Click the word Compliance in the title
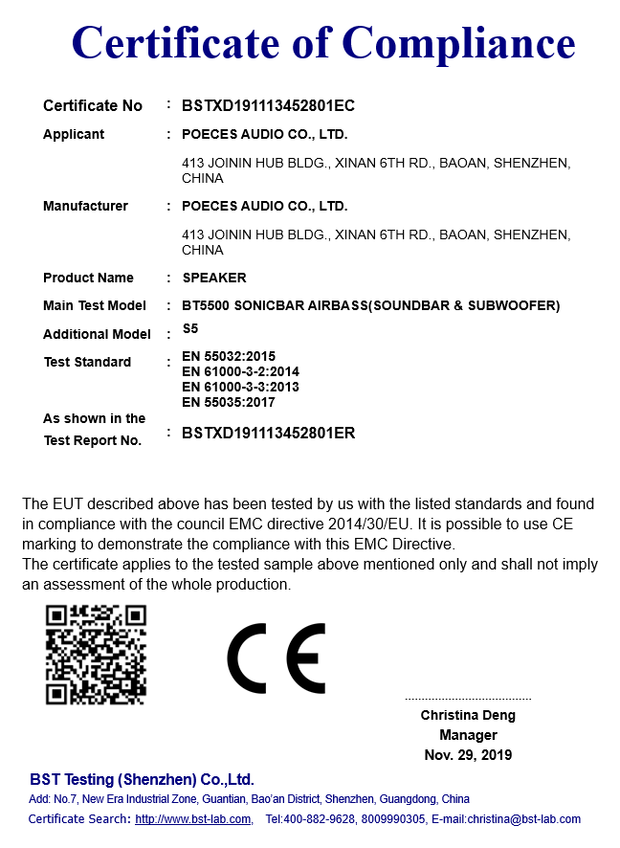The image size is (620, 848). coord(458,43)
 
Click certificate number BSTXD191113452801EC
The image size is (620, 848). coord(268,106)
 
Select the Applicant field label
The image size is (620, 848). coord(74,135)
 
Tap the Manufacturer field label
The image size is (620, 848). coord(85,206)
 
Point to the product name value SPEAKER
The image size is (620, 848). coord(213,278)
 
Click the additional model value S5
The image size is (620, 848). coord(189,328)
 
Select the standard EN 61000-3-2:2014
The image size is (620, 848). coord(240,371)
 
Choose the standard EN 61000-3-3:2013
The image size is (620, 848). coord(240,387)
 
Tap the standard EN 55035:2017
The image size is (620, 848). coord(228,402)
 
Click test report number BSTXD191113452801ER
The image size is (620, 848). coord(268,433)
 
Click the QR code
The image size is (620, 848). coord(96,655)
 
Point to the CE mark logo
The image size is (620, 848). coord(277,658)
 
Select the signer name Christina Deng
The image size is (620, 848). coord(468,715)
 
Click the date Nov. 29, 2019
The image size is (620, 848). coord(468,755)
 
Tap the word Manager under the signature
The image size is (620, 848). coord(468,735)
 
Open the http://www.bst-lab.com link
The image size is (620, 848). coord(192,819)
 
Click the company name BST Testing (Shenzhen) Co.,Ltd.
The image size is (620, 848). coord(142,779)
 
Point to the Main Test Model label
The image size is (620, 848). coord(95,305)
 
